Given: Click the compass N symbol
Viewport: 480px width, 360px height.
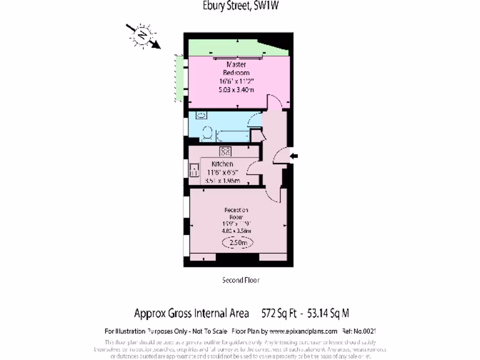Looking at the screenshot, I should (142, 35).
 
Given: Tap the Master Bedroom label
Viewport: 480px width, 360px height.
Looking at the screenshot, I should (236, 68).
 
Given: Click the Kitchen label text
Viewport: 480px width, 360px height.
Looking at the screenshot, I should (222, 164).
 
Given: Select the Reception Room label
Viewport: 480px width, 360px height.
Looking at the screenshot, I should (236, 213).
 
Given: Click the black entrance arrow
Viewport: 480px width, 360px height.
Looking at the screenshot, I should (294, 157).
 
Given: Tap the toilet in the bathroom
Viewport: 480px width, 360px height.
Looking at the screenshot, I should (208, 134).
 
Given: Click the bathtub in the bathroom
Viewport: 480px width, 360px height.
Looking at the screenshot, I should (232, 135).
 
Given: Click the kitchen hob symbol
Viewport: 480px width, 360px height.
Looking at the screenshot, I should (225, 151).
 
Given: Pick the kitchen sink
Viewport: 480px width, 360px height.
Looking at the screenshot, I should (194, 170).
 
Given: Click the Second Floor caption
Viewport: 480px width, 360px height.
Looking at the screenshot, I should (240, 280).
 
